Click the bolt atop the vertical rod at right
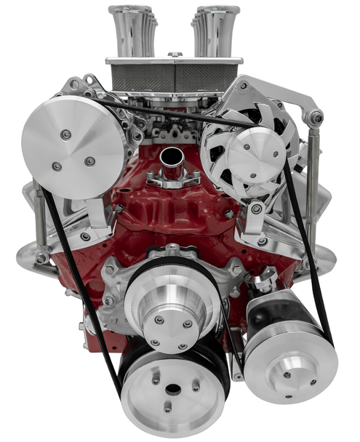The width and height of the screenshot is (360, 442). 315,117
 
